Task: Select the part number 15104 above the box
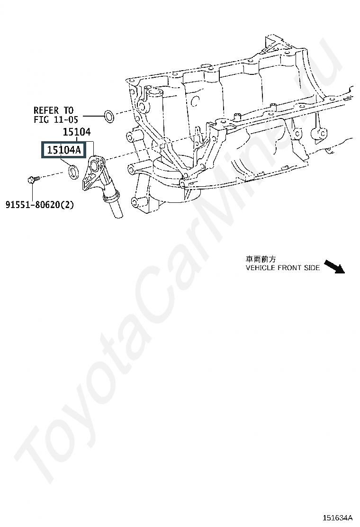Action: [77, 133]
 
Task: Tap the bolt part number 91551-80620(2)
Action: [40, 205]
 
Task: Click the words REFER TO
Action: [53, 111]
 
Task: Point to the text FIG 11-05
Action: [55, 120]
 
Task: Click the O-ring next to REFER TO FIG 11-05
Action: [108, 115]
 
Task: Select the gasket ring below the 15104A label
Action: [73, 172]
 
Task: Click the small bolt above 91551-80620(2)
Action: [32, 179]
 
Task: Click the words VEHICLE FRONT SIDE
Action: [282, 268]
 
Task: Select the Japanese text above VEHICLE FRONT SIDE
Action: [261, 259]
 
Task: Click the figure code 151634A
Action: [338, 518]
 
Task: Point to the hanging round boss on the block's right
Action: [321, 134]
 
